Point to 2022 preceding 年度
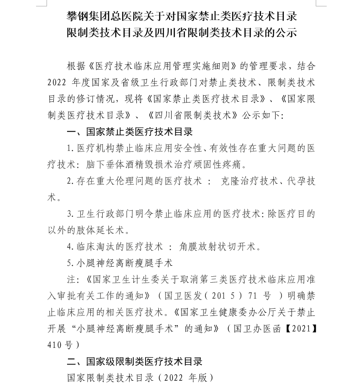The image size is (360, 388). point(56,83)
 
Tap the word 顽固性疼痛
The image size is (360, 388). point(224,164)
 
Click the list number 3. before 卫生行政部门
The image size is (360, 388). point(70,214)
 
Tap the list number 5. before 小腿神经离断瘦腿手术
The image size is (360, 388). point(70,263)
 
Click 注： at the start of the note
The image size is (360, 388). point(73,280)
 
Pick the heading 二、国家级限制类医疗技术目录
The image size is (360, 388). point(134,362)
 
